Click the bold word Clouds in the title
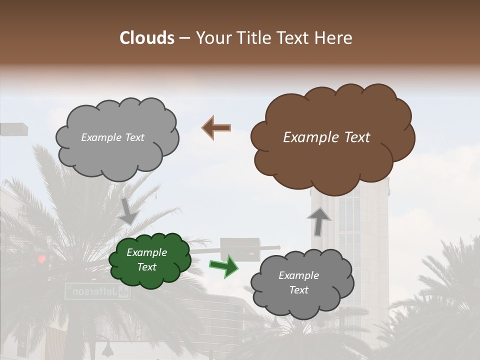[x=147, y=38]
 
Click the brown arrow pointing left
[x=216, y=128]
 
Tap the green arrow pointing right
[x=224, y=266]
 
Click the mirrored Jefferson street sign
[x=97, y=291]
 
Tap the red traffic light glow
[x=42, y=258]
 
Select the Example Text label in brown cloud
[x=326, y=137]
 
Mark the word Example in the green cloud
[x=146, y=253]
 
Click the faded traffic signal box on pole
[x=240, y=249]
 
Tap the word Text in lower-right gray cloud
[x=299, y=290]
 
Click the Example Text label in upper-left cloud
[x=112, y=137]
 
